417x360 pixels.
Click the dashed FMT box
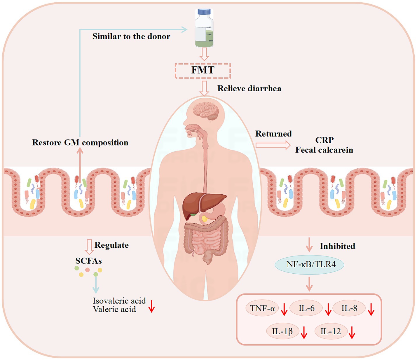point(203,71)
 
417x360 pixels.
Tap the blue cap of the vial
point(204,12)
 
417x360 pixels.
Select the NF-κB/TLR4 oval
point(310,265)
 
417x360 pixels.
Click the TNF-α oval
point(262,308)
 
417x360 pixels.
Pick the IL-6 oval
point(306,308)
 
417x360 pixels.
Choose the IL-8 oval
point(349,308)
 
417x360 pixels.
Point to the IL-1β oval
point(282,331)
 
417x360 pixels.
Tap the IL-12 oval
point(331,331)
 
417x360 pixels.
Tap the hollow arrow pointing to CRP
point(273,145)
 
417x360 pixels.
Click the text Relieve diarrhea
point(249,88)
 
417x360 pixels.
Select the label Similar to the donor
point(131,36)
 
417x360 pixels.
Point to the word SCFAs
point(88,261)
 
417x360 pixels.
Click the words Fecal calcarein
point(324,150)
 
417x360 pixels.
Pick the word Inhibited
point(337,246)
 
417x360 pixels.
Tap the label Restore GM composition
point(80,143)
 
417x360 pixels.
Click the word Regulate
point(111,245)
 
